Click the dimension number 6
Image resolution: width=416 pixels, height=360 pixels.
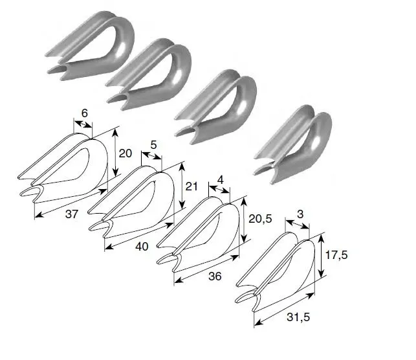click(84, 113)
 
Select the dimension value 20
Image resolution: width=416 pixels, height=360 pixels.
click(125, 153)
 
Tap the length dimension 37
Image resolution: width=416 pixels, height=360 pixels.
click(72, 214)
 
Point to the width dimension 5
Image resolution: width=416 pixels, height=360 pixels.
click(153, 145)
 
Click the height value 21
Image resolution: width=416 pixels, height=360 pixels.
click(192, 186)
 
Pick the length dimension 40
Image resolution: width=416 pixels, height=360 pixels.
click(142, 247)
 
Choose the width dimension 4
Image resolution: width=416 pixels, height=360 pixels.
click(220, 180)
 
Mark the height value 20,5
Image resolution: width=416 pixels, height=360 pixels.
click(260, 218)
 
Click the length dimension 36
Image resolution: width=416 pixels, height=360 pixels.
click(215, 276)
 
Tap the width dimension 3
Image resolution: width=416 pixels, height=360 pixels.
click(300, 214)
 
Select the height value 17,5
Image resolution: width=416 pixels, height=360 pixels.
click(336, 255)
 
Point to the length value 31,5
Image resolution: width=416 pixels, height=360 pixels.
click(298, 317)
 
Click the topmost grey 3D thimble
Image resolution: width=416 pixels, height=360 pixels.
click(90, 46)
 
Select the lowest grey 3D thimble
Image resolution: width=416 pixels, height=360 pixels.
click(293, 144)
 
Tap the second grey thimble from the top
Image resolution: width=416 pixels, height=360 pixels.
click(149, 74)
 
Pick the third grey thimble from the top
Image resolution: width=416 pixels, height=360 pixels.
click(215, 107)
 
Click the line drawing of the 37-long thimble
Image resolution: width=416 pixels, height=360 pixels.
click(63, 168)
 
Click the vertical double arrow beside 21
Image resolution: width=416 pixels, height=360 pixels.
click(182, 186)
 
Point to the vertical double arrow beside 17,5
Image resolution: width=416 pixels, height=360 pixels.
click(322, 256)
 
